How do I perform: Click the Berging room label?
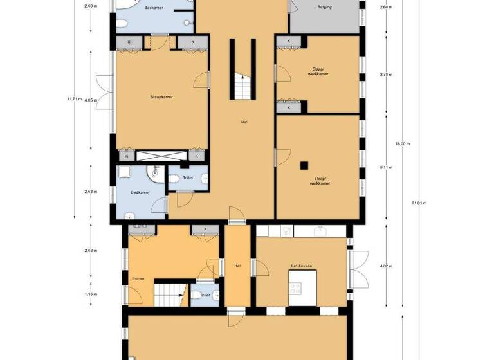pyautogui.click(x=324, y=8)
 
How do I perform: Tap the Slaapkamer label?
pyautogui.click(x=161, y=97)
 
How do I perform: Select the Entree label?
pyautogui.click(x=138, y=278)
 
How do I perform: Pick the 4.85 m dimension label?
pyautogui.click(x=90, y=100)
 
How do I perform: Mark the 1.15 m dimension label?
pyautogui.click(x=90, y=294)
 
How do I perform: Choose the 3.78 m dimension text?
pyautogui.click(x=385, y=75)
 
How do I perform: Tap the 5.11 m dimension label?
pyautogui.click(x=385, y=168)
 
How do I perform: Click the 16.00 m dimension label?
pyautogui.click(x=401, y=144)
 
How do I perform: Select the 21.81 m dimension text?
pyautogui.click(x=419, y=203)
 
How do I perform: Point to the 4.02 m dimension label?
pyautogui.click(x=385, y=266)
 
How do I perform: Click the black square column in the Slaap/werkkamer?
pyautogui.click(x=303, y=164)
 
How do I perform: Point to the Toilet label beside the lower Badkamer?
pyautogui.click(x=188, y=177)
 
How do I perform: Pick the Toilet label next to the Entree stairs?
pyautogui.click(x=205, y=295)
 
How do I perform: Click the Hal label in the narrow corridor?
pyautogui.click(x=237, y=265)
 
